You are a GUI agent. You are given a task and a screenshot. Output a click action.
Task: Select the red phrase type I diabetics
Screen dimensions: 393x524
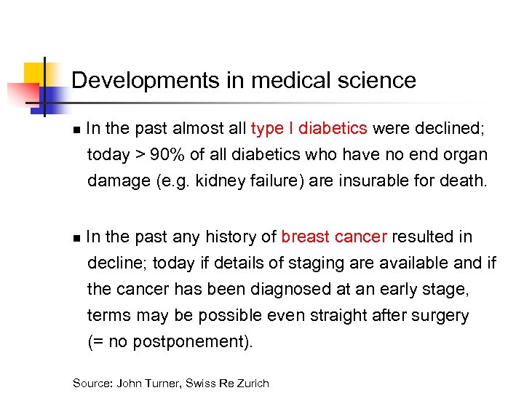point(309,129)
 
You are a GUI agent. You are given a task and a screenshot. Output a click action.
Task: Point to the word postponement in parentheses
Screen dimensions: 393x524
point(191,341)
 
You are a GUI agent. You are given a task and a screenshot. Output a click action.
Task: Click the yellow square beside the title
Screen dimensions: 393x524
point(34,73)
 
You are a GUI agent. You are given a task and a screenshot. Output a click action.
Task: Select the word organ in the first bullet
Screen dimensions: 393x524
point(468,154)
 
